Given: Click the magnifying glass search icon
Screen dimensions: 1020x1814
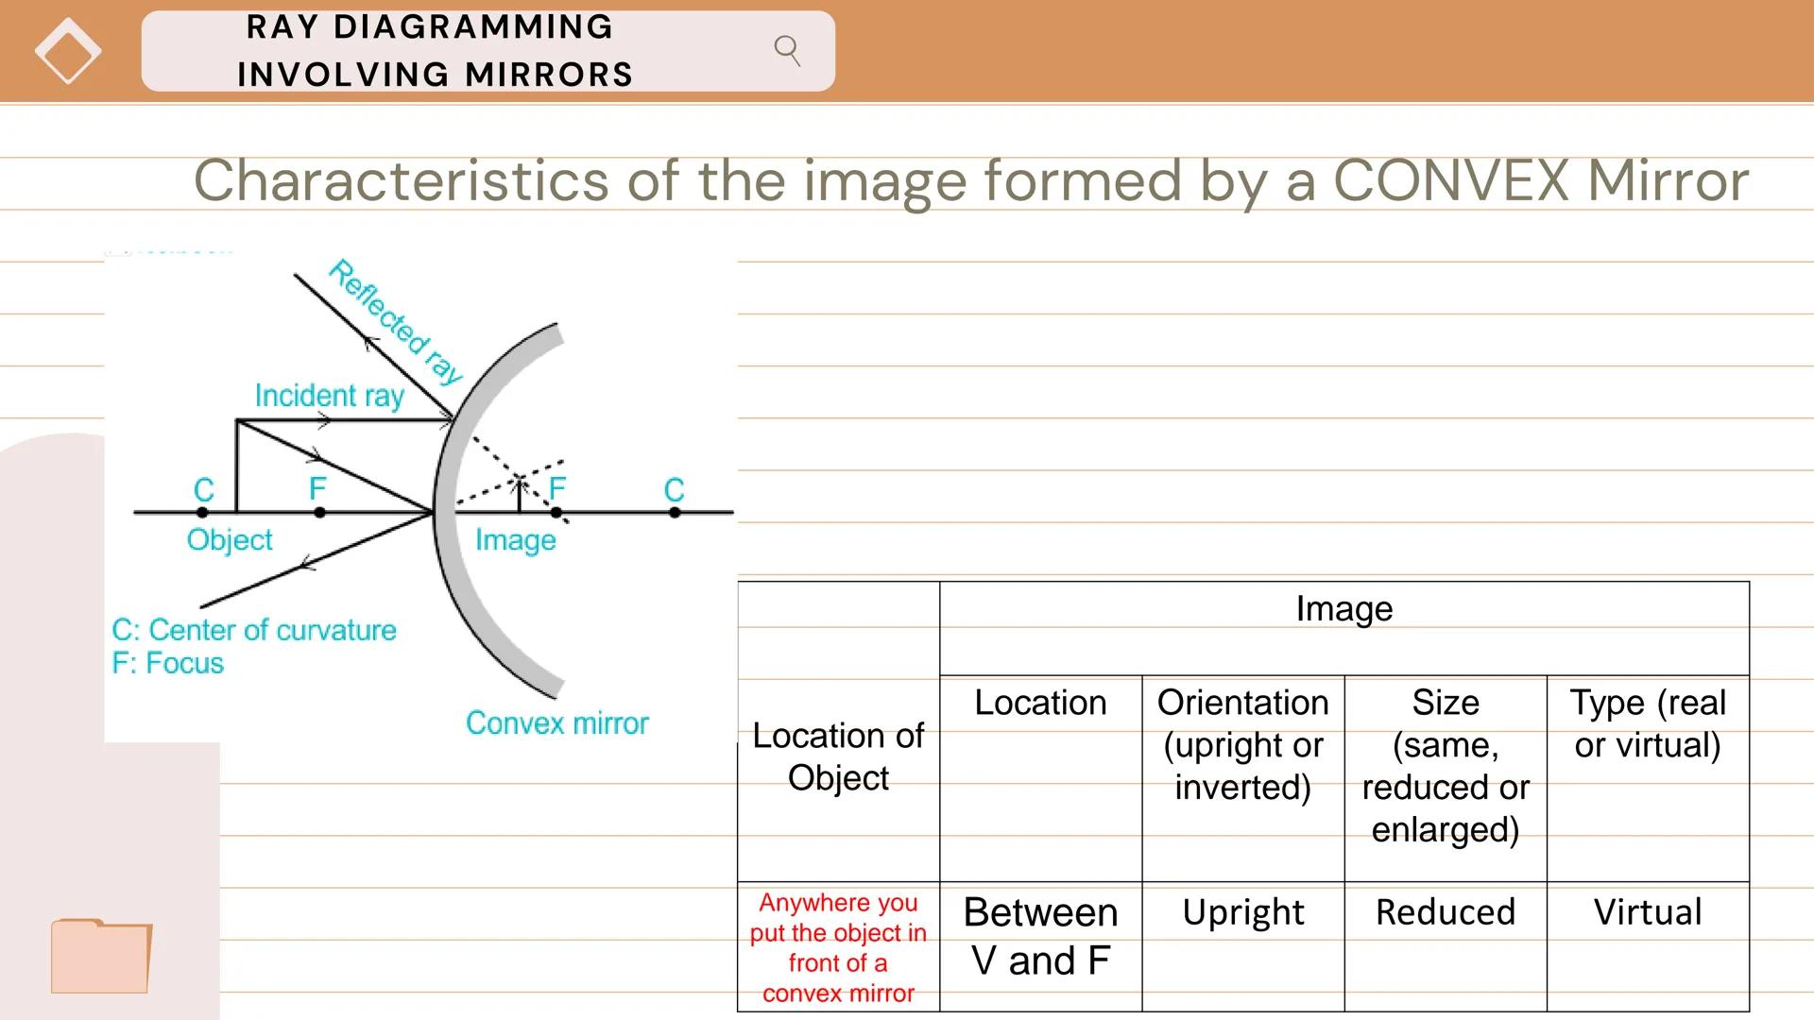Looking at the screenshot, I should tap(787, 50).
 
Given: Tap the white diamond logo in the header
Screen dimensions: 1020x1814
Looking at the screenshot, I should tap(68, 51).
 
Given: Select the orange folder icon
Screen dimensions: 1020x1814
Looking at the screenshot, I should tap(101, 956).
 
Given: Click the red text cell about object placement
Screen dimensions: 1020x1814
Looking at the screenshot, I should tap(838, 947).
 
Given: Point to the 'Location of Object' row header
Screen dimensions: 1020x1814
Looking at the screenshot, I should tap(838, 756).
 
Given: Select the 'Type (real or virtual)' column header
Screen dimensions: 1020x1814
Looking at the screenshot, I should tap(1648, 723).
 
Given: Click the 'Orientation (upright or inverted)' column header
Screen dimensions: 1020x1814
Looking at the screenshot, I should tap(1243, 744).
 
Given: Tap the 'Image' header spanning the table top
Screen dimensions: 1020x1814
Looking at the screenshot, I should tap(1344, 609).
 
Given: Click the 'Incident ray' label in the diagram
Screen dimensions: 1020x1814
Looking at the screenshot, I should tap(329, 395).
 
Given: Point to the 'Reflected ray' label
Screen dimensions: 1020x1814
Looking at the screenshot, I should tap(396, 322).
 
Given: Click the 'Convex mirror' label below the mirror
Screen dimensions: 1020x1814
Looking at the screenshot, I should tap(557, 723).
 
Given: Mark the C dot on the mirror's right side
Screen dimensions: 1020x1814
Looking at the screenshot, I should tap(675, 513).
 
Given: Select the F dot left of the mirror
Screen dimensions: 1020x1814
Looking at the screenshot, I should tap(319, 513).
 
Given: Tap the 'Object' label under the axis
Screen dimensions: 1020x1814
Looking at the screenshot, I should tap(230, 540).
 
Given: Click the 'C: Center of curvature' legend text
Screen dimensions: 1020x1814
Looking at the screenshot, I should tap(254, 630).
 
